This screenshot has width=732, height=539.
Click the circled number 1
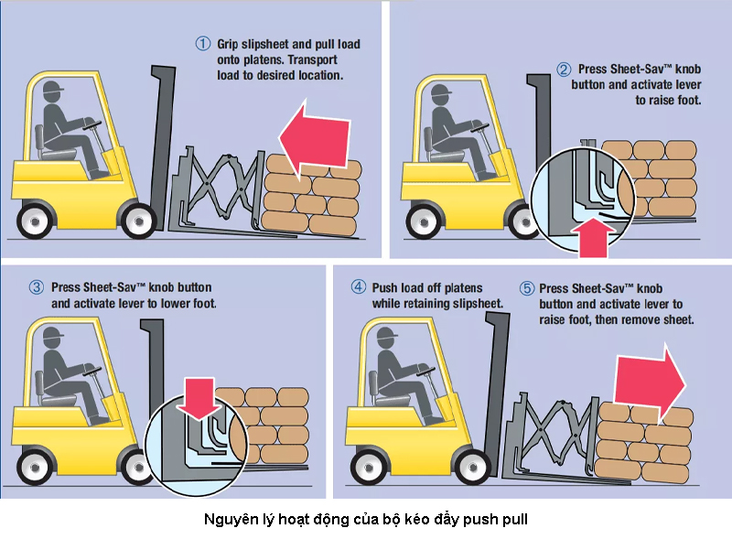coord(203,43)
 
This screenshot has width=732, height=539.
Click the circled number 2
coord(564,69)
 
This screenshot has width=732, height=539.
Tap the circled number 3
coord(38,287)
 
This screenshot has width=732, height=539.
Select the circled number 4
coord(360,287)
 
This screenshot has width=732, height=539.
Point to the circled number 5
coord(526,287)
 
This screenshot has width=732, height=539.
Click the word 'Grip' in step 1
coord(228,43)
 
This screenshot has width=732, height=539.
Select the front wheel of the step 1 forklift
coord(138,221)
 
